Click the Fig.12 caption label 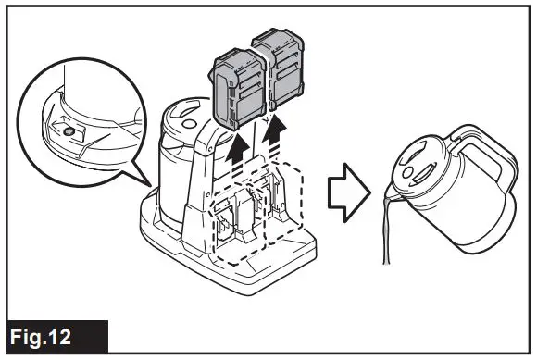click(55, 335)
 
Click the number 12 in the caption click(81, 335)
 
